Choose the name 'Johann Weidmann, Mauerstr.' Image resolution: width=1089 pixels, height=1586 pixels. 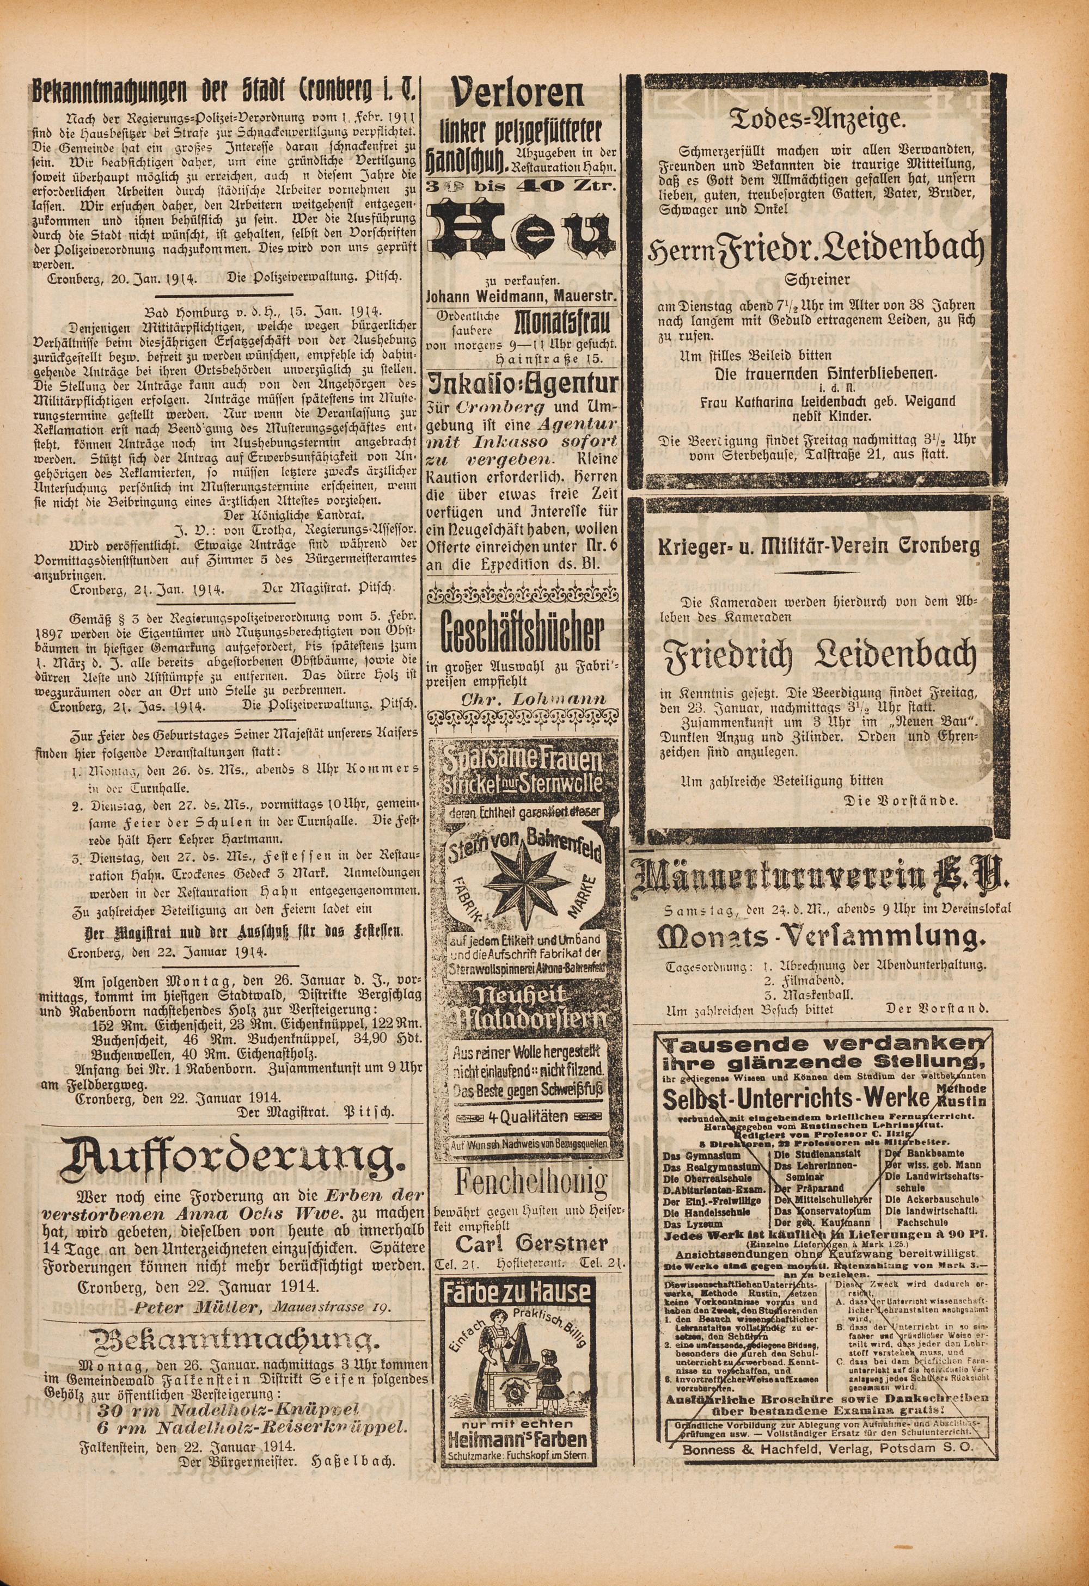pos(522,296)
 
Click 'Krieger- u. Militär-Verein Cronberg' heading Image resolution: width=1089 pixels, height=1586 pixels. pos(818,546)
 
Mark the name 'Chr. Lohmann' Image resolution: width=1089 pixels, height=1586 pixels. pos(524,699)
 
